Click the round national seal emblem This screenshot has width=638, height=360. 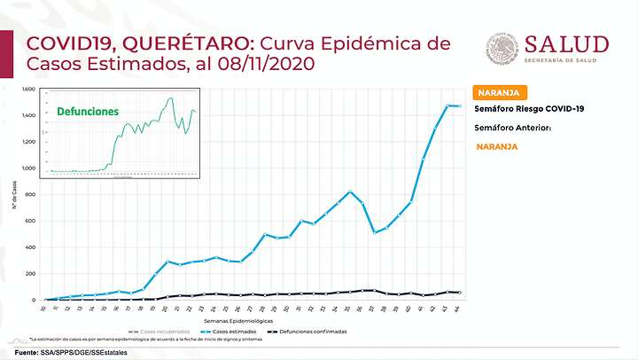coord(502,49)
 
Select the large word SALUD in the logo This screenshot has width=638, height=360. coord(566,44)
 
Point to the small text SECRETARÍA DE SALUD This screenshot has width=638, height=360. coord(566,60)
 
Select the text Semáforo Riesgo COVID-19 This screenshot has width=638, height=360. coord(529,108)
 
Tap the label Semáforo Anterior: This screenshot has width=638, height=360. coord(513,128)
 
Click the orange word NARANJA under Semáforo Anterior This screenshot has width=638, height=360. coord(497,146)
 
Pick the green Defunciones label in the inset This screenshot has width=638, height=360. coord(87,113)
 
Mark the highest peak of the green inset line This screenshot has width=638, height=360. coord(170,98)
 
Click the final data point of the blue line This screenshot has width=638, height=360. coord(459,106)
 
